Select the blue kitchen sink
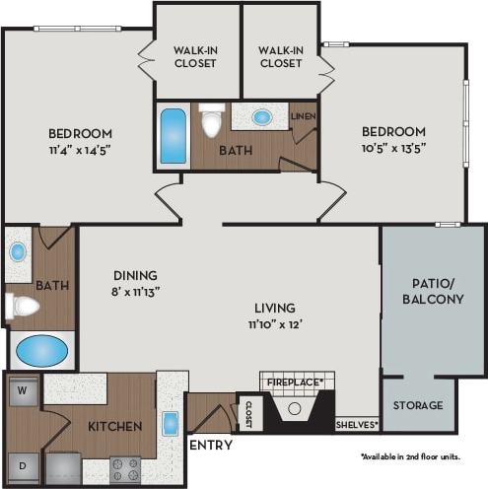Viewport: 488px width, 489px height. tap(171, 424)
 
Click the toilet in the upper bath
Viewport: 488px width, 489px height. tap(211, 122)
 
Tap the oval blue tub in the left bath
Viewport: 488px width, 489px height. tap(42, 350)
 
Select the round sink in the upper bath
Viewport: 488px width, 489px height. tap(261, 116)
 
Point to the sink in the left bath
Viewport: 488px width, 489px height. tap(19, 250)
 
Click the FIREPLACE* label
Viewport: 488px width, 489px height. tap(299, 379)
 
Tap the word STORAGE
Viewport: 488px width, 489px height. tap(418, 405)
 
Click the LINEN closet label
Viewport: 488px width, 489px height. tap(303, 115)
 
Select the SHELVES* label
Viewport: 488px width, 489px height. tap(357, 425)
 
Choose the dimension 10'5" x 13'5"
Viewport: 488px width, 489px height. tap(392, 149)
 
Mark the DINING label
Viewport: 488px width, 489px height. tap(135, 275)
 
